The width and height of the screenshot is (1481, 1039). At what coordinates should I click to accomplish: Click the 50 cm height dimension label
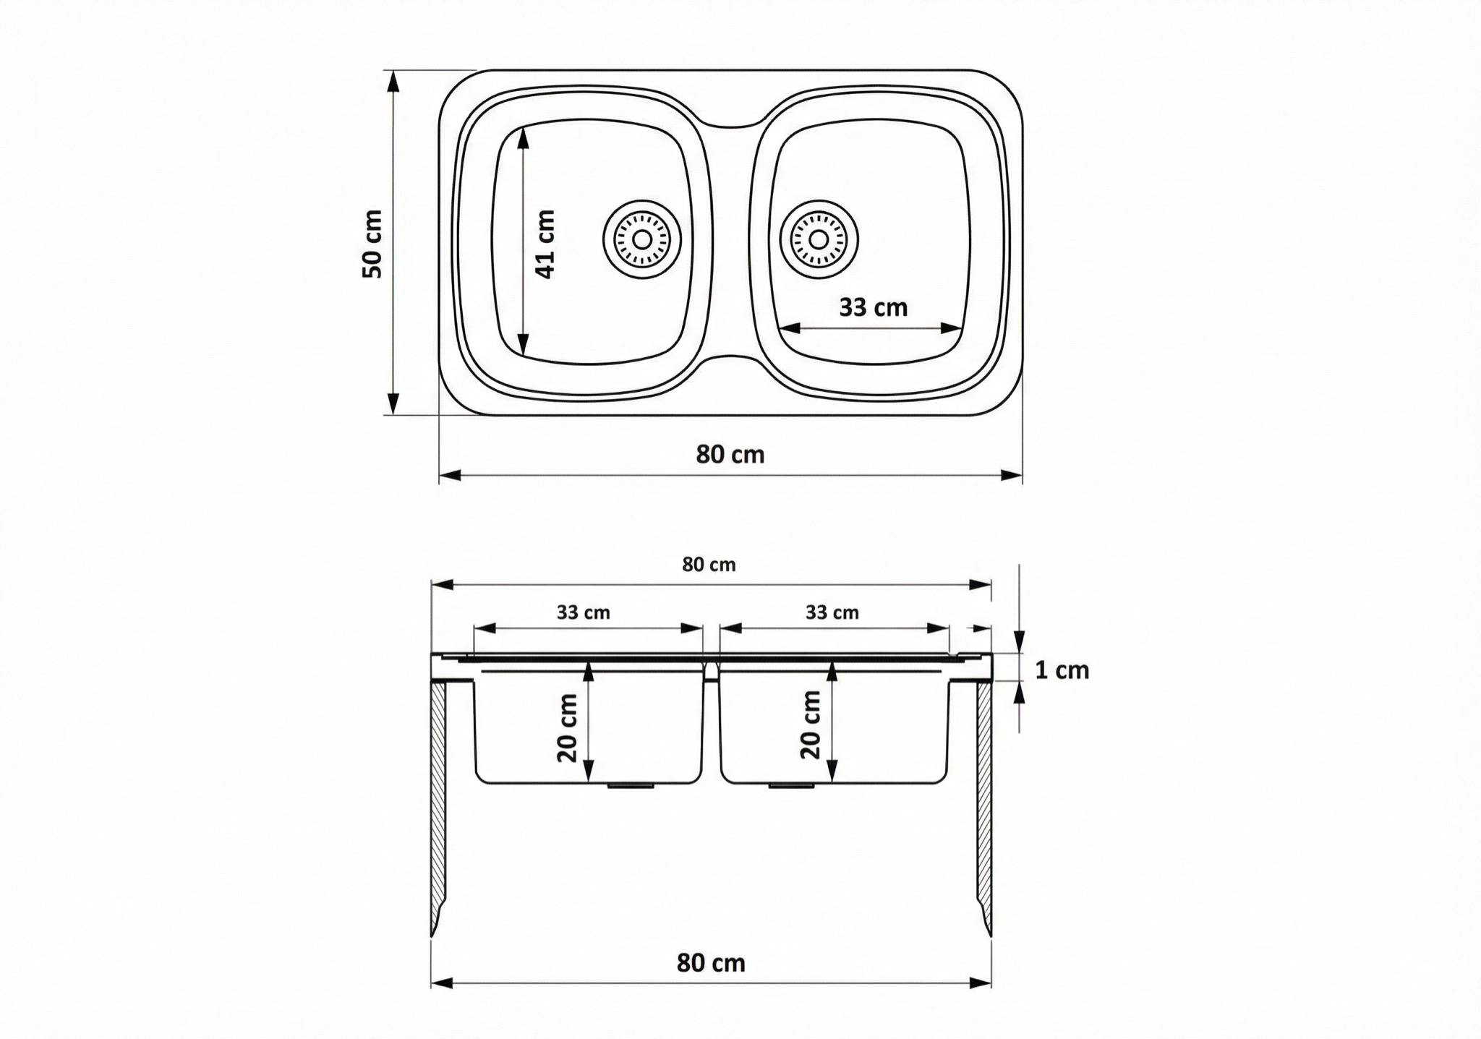(372, 244)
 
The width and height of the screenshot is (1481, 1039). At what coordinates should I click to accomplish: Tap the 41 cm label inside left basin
(545, 244)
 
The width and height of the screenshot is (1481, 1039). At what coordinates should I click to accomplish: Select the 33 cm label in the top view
(873, 307)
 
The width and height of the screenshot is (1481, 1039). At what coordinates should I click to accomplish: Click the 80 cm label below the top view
(730, 454)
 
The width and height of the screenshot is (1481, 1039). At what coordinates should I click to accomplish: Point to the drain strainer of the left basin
(641, 239)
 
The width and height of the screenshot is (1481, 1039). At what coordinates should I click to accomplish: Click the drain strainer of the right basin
(819, 239)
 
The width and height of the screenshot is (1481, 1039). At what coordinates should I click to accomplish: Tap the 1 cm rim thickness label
(1062, 670)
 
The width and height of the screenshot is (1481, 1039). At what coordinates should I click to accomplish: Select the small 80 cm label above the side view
(709, 565)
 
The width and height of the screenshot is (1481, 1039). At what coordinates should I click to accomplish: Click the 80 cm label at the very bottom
(711, 963)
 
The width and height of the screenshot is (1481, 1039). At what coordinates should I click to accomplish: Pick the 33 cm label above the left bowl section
(583, 612)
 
